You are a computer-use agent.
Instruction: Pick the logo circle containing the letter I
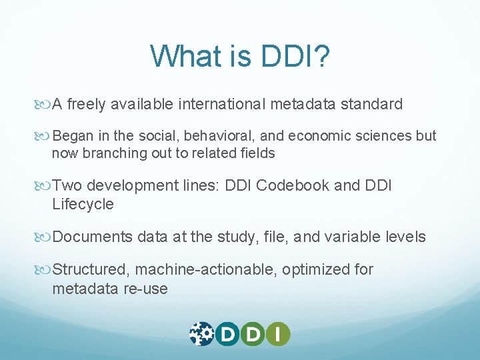point(278,333)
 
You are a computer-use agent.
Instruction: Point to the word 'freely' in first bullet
point(87,104)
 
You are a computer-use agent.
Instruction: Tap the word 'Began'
point(73,136)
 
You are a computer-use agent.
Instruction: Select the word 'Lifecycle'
point(83,204)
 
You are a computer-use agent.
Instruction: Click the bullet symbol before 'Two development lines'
point(45,186)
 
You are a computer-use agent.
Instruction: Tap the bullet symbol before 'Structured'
point(45,270)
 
